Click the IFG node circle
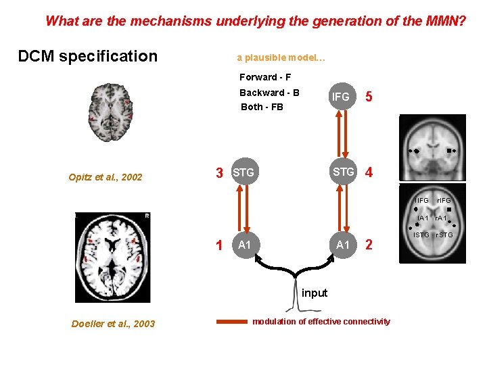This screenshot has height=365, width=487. [x=341, y=97]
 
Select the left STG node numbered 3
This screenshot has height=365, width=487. [x=243, y=173]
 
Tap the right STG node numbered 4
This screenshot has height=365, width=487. [x=344, y=172]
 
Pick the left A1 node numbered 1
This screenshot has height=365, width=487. [x=245, y=245]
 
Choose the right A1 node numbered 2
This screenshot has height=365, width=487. [x=344, y=244]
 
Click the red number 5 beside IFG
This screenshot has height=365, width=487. [x=369, y=97]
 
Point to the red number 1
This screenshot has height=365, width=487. [x=219, y=245]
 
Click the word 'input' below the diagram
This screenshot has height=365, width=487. [x=314, y=293]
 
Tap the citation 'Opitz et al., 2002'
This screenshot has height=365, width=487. [x=106, y=178]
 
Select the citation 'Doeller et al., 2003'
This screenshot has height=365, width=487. [x=113, y=324]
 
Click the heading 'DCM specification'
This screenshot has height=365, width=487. [x=87, y=56]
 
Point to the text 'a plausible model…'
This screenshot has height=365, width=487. [x=281, y=57]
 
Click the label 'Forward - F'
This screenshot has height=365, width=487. [x=265, y=77]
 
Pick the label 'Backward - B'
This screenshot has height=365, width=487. [x=269, y=93]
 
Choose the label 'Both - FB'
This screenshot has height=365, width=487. [x=262, y=107]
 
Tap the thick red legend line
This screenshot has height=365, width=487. [x=231, y=322]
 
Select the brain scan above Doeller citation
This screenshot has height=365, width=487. [x=112, y=258]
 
